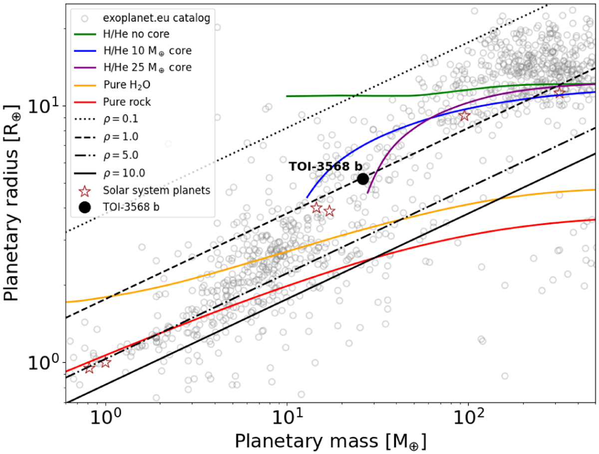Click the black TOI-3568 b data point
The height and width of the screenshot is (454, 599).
pos(363,178)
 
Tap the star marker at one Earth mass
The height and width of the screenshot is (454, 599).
pos(105,362)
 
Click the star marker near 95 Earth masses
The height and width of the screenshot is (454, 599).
pos(464,116)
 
